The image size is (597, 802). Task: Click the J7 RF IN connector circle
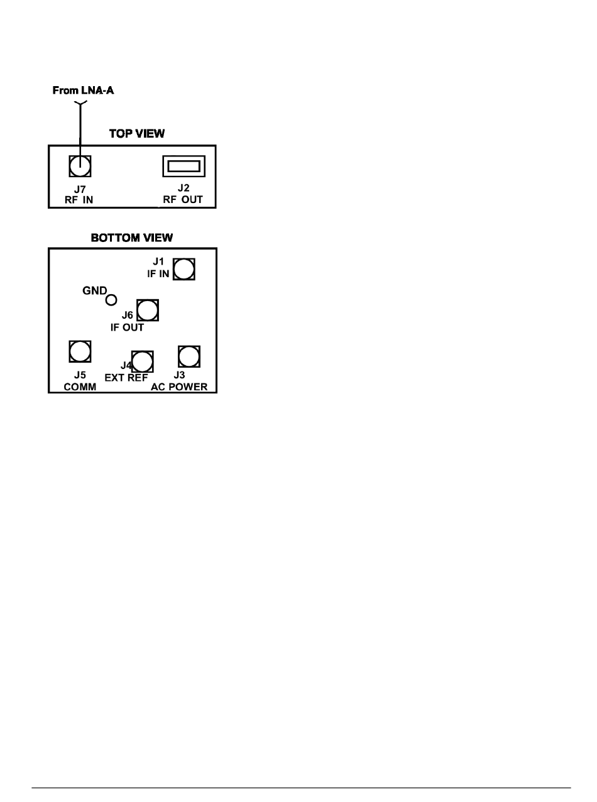pos(80,167)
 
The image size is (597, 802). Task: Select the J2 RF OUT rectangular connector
pos(183,166)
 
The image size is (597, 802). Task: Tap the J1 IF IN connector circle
pos(183,270)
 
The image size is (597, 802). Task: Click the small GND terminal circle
pos(111,300)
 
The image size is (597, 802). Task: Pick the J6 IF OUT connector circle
pos(148,310)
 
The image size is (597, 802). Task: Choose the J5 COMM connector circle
pos(80,351)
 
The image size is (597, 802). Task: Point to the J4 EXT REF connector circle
pos(143,361)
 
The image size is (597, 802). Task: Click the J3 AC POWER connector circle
pos(189,356)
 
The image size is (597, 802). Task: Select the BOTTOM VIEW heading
pos(132,238)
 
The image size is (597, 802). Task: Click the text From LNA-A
pos(83,91)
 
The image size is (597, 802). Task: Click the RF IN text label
pos(80,201)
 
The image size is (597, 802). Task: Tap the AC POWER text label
pos(179,387)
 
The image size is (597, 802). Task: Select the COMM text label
pos(80,387)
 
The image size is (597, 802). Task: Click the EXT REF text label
pos(126,378)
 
